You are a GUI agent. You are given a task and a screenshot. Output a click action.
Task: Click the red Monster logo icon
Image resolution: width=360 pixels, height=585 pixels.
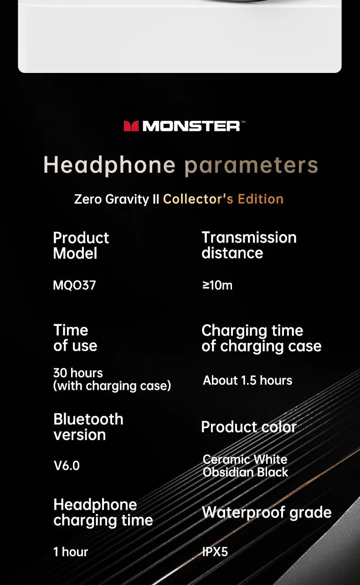tap(131, 126)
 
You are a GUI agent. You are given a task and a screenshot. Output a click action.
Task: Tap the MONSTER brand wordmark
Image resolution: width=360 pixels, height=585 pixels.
tap(191, 126)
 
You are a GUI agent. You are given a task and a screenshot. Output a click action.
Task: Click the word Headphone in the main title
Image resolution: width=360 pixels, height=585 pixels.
tap(109, 166)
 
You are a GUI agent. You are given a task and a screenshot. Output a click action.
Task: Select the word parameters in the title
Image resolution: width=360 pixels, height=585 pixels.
tap(252, 166)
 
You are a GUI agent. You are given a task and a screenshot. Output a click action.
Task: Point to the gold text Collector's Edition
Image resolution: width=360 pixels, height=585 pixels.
tap(223, 199)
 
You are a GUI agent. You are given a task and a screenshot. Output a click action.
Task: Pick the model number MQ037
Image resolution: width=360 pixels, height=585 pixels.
tap(74, 285)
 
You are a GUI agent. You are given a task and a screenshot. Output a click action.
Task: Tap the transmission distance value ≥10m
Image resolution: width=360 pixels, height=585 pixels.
tap(217, 285)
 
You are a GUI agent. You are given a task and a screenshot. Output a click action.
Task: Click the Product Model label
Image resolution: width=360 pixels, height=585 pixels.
tap(81, 245)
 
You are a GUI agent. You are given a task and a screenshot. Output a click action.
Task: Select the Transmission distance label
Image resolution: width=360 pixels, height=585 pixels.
tap(249, 245)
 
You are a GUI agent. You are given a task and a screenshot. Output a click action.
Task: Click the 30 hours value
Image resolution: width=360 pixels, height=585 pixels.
tap(78, 373)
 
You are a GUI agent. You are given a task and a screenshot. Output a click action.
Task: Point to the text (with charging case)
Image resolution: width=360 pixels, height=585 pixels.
tap(112, 386)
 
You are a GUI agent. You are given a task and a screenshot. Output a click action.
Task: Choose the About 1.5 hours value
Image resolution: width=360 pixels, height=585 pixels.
tap(247, 381)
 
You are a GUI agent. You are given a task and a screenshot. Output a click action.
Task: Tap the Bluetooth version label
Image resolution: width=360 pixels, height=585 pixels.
tap(88, 427)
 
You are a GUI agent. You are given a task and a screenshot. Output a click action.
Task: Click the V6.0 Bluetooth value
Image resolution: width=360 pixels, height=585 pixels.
tap(67, 466)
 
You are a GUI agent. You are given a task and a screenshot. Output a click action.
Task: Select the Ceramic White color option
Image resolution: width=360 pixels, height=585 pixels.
tap(245, 459)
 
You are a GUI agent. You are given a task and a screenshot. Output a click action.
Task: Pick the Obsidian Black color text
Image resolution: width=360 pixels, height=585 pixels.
tap(246, 472)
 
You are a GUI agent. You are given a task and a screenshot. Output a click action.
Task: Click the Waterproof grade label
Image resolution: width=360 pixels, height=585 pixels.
tap(267, 513)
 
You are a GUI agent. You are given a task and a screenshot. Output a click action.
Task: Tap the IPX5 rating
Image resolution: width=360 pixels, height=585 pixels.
tap(215, 552)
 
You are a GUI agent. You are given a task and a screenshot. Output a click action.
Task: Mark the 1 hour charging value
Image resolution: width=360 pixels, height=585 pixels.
tap(71, 552)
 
